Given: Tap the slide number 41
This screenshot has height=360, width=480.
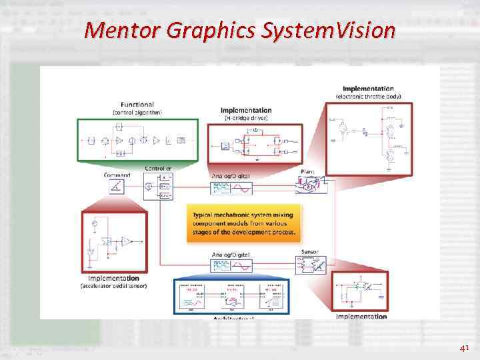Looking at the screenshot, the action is [464, 348].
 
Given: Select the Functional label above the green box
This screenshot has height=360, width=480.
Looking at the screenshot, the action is [137, 105].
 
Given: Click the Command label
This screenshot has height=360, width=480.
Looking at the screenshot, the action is [117, 175].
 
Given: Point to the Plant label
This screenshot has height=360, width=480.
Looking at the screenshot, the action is [307, 172].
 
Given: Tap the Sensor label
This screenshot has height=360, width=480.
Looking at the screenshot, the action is [310, 253].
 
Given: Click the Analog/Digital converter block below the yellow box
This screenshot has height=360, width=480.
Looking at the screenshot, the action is [231, 267].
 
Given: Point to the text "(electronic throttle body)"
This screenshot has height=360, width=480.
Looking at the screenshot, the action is [368, 97].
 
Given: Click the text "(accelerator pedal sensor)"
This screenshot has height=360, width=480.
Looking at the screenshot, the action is [113, 286].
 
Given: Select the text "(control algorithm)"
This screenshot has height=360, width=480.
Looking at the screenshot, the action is [137, 113].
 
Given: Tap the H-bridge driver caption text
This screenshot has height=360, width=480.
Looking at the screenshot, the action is [246, 118].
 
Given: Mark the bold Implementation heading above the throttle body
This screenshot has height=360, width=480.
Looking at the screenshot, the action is [368, 89].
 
